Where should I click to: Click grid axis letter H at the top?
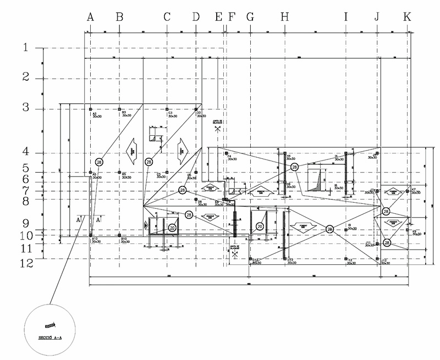click(284, 18)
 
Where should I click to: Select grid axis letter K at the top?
click(407, 18)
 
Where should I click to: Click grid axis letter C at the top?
click(167, 18)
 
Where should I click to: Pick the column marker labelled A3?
click(91, 109)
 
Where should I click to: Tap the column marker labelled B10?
click(120, 235)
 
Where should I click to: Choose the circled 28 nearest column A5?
click(100, 162)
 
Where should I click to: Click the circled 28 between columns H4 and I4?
click(295, 167)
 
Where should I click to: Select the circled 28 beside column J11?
click(387, 242)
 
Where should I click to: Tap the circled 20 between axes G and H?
click(260, 226)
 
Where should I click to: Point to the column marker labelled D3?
click(196, 109)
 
